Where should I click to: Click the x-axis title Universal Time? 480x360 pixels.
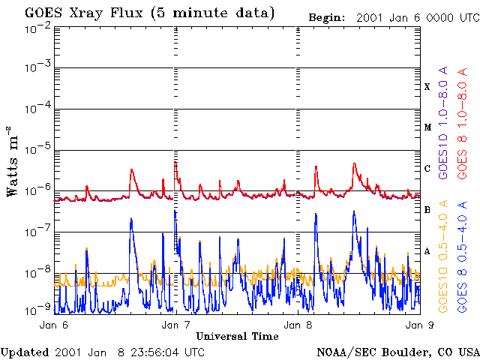click(237, 337)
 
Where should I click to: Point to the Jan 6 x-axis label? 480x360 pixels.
click(54, 325)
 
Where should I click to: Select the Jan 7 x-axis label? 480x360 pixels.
click(176, 325)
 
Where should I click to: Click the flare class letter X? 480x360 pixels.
click(427, 87)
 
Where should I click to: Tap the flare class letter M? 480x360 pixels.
click(427, 127)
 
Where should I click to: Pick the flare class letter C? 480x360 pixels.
click(427, 169)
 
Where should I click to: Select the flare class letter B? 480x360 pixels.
click(427, 210)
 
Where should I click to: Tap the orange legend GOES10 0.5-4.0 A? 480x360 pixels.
click(444, 256)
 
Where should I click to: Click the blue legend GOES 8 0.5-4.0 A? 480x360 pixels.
click(463, 256)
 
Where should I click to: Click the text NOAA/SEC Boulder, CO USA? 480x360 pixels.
click(397, 352)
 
